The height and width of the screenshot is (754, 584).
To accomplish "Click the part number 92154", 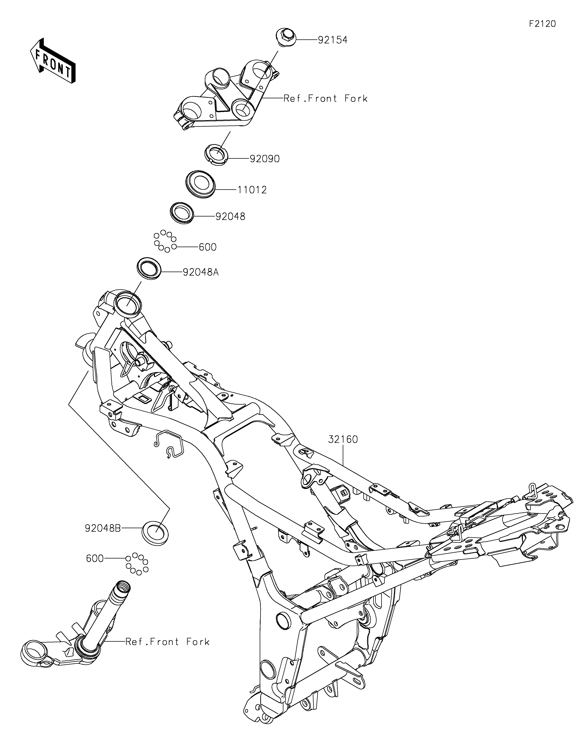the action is [333, 40].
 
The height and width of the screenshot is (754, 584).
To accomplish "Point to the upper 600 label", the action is [208, 247].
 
